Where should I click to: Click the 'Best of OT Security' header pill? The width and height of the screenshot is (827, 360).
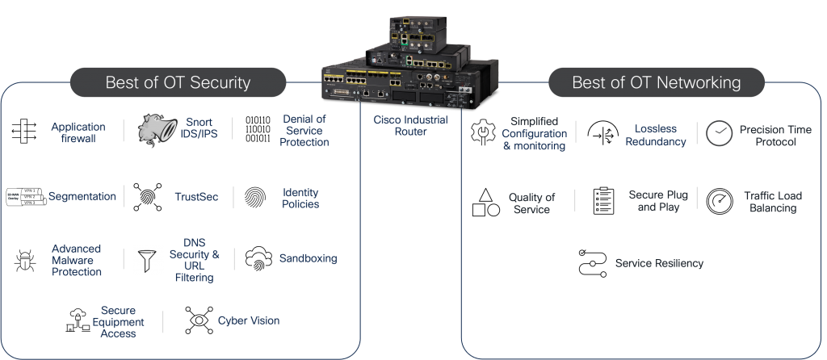[x=178, y=82]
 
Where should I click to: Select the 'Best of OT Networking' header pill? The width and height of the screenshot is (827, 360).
[x=657, y=82]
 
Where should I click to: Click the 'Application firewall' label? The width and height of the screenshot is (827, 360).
[x=78, y=132]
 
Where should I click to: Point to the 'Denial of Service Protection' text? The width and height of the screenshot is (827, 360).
[x=304, y=130]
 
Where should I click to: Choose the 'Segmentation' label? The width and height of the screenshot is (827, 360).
[x=82, y=196]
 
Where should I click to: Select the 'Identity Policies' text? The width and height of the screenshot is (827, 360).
[x=300, y=198]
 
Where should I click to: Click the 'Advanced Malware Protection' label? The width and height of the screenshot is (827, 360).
[x=77, y=260]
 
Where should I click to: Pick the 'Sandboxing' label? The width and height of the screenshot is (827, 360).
[x=308, y=258]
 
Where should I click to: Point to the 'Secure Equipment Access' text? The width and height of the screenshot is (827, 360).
[x=118, y=321]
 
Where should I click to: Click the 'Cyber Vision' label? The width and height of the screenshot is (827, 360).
[x=249, y=320]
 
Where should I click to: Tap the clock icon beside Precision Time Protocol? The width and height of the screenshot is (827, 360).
[x=719, y=134]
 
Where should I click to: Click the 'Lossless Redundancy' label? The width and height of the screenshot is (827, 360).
[x=655, y=135]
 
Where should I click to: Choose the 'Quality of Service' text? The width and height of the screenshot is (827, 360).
[x=531, y=203]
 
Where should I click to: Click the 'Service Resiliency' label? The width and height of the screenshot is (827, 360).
[x=659, y=263]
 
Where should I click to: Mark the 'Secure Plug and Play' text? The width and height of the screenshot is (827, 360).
[x=657, y=201]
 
